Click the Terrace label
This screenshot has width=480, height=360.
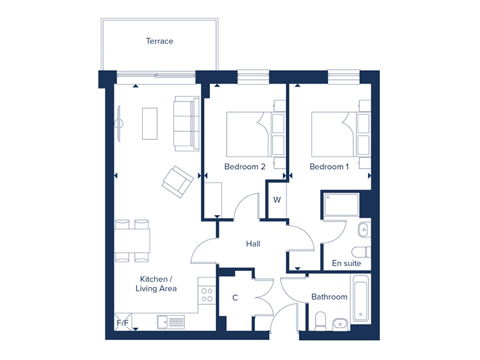click(160, 41)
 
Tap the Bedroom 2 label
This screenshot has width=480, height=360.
click(245, 167)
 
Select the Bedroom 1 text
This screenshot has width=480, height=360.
click(329, 167)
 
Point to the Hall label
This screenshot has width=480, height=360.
click(253, 244)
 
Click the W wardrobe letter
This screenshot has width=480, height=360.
click(277, 200)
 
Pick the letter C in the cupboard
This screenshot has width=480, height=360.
click(235, 298)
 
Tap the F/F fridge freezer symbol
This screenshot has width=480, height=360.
click(123, 322)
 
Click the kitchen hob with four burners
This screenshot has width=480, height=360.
click(207, 295)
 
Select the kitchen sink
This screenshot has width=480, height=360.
click(171, 322)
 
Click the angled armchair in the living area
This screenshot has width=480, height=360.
click(178, 182)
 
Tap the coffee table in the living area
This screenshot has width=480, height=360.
click(149, 124)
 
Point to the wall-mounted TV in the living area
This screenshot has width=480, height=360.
click(119, 124)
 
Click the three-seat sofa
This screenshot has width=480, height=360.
click(187, 124)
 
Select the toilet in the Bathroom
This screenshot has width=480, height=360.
click(320, 322)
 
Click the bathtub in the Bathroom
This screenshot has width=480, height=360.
click(361, 298)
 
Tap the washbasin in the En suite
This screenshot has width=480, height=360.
click(364, 230)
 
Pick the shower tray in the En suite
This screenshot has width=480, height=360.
click(341, 205)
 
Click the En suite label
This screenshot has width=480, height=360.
click(346, 263)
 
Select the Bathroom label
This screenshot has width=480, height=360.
click(329, 296)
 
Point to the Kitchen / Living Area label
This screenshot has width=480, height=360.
click(156, 284)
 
